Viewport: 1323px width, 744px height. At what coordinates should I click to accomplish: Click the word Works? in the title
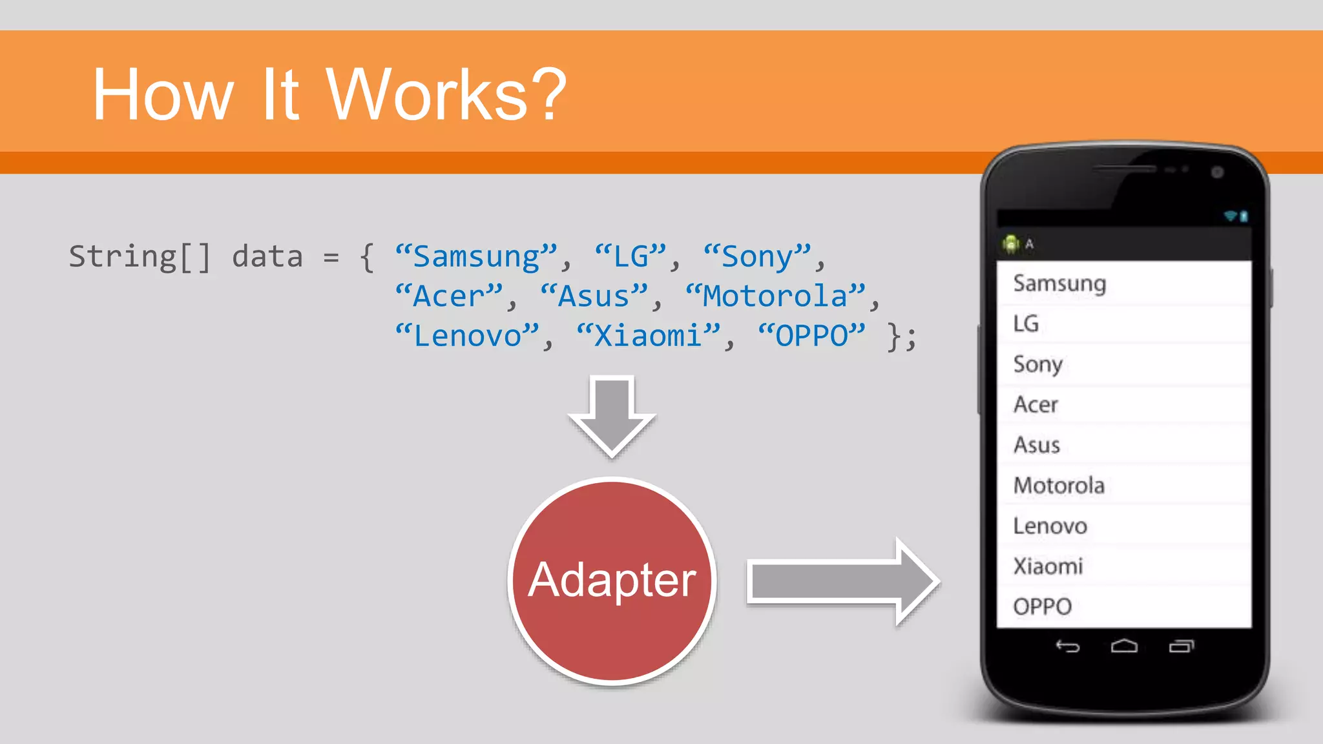[x=446, y=95]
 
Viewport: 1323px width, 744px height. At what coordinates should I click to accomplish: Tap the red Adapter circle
[x=612, y=580]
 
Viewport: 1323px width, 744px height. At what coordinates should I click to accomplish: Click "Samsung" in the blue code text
[x=476, y=257]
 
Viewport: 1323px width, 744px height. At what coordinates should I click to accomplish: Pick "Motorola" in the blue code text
[x=775, y=296]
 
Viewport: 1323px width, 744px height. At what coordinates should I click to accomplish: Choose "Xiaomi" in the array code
[x=648, y=336]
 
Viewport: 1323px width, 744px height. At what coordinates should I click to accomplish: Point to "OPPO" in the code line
[x=811, y=336]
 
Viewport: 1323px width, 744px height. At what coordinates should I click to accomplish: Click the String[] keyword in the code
[x=140, y=257]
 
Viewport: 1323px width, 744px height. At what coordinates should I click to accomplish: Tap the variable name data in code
[x=267, y=257]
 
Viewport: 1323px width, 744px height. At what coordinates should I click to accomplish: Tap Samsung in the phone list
[x=1059, y=284]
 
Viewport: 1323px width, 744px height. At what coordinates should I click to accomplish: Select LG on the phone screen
[x=1026, y=324]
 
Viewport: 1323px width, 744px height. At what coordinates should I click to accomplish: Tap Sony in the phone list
[x=1037, y=364]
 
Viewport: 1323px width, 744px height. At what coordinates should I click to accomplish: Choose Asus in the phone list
[x=1037, y=445]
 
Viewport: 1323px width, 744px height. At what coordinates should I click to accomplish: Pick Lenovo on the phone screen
[x=1050, y=526]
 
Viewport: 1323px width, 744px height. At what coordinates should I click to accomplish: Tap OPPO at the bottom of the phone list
[x=1042, y=606]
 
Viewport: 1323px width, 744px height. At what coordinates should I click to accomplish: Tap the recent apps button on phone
[x=1182, y=646]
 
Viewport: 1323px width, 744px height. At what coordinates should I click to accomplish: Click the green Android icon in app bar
[x=1011, y=244]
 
